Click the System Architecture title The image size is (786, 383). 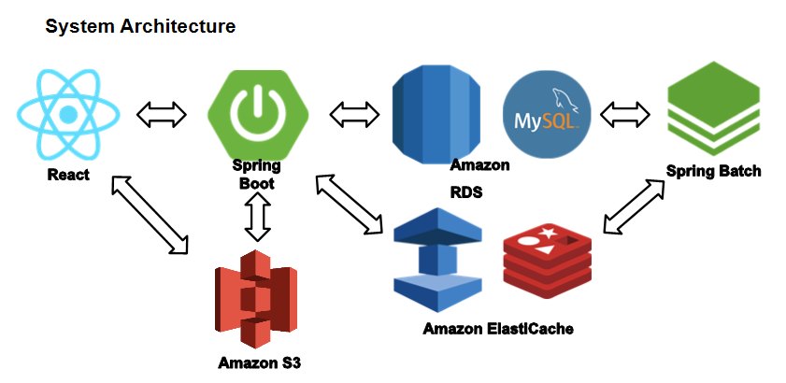(140, 26)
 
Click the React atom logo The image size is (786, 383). (68, 115)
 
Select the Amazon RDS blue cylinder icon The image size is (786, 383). (436, 114)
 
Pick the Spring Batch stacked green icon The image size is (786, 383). (713, 108)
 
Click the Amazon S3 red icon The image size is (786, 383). (256, 299)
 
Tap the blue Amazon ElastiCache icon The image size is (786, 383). (437, 260)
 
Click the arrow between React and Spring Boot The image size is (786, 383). (162, 115)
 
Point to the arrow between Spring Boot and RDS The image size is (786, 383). (354, 114)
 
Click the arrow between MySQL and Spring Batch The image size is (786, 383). (624, 115)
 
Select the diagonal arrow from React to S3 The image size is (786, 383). (150, 214)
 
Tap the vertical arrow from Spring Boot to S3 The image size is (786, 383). (258, 216)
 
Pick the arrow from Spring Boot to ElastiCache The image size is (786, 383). (349, 204)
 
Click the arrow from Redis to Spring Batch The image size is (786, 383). (634, 206)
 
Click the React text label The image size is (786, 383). (68, 175)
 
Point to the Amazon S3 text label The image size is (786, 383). (260, 363)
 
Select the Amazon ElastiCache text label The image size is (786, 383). (498, 329)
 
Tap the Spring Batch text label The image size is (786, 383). (713, 172)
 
